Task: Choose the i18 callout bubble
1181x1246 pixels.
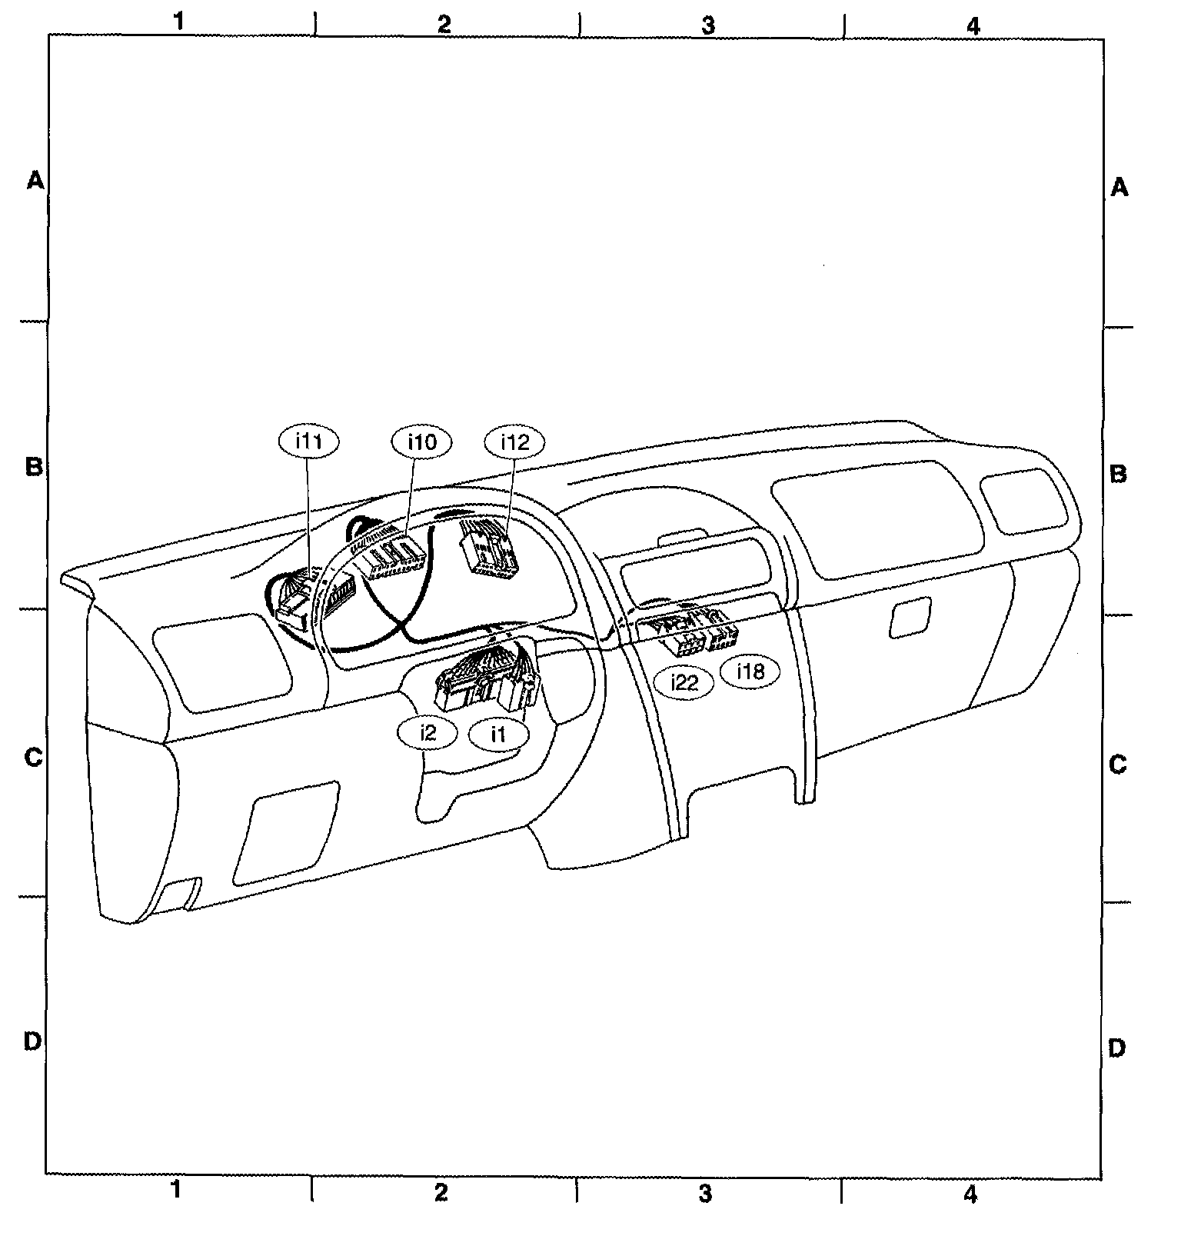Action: point(750,671)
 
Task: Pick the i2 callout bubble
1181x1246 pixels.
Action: point(427,732)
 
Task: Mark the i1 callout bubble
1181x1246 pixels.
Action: point(499,734)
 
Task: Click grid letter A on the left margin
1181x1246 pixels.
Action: point(35,181)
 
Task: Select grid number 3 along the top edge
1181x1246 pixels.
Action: point(708,25)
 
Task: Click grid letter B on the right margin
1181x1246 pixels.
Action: point(1119,473)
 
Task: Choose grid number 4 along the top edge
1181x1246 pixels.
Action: point(973,25)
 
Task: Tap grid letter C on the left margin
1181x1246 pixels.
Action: point(33,758)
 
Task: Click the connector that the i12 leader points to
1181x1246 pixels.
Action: point(488,548)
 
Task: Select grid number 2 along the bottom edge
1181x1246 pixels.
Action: point(441,1192)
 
